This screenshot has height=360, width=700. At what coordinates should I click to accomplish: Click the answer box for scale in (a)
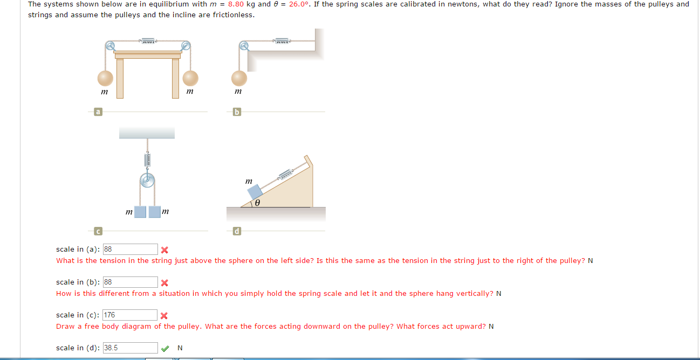click(130, 249)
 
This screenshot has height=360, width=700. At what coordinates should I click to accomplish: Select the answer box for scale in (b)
click(130, 282)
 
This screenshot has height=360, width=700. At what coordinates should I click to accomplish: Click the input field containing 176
click(130, 315)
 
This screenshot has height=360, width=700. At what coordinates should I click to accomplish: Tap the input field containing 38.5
click(130, 348)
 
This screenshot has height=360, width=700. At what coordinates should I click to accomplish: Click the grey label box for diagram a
click(98, 112)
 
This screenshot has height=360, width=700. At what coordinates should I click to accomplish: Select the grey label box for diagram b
click(236, 112)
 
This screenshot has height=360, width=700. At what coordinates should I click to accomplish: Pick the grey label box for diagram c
click(98, 231)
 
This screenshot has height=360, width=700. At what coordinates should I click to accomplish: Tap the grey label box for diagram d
click(236, 231)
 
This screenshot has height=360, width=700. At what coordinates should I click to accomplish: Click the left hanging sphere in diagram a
click(106, 78)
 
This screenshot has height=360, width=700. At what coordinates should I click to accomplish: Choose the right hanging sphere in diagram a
click(190, 78)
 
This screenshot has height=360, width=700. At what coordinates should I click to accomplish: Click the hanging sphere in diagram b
click(239, 78)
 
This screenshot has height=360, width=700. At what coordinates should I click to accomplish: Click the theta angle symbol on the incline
click(258, 203)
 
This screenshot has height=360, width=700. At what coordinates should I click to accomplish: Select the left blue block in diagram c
click(140, 212)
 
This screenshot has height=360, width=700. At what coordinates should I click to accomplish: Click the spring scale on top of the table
click(148, 40)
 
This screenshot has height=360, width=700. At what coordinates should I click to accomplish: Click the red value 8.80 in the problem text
click(236, 4)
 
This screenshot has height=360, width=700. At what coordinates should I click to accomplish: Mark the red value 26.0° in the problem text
click(301, 4)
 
